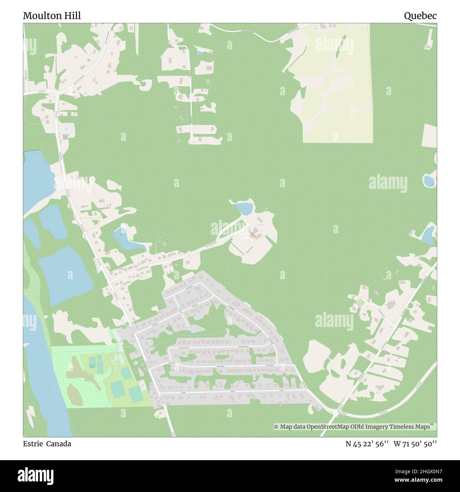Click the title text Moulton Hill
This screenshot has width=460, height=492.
pyautogui.click(x=52, y=16)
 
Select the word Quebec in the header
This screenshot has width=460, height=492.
pyautogui.click(x=420, y=16)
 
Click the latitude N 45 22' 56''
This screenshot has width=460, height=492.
pyautogui.click(x=368, y=444)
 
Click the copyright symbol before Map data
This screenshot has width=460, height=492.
pyautogui.click(x=276, y=427)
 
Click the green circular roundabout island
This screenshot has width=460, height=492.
pyautogui.click(x=361, y=303)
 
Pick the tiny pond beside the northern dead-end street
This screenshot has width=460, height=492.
pyautogui.click(x=200, y=53)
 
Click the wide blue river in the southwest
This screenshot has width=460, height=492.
pyautogui.click(x=39, y=372)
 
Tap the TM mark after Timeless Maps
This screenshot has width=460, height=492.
pyautogui.click(x=432, y=425)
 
